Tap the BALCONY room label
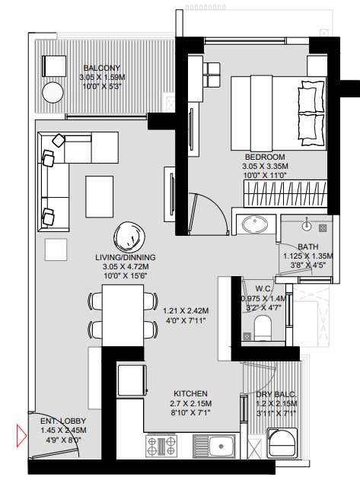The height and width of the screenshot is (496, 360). (97, 68)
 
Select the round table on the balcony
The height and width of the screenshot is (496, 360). (53, 94)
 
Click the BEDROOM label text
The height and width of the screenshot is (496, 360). (266, 157)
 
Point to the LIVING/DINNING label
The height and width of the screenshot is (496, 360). (126, 257)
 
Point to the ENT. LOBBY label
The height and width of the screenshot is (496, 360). (63, 421)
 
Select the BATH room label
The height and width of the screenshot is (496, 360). (307, 246)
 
